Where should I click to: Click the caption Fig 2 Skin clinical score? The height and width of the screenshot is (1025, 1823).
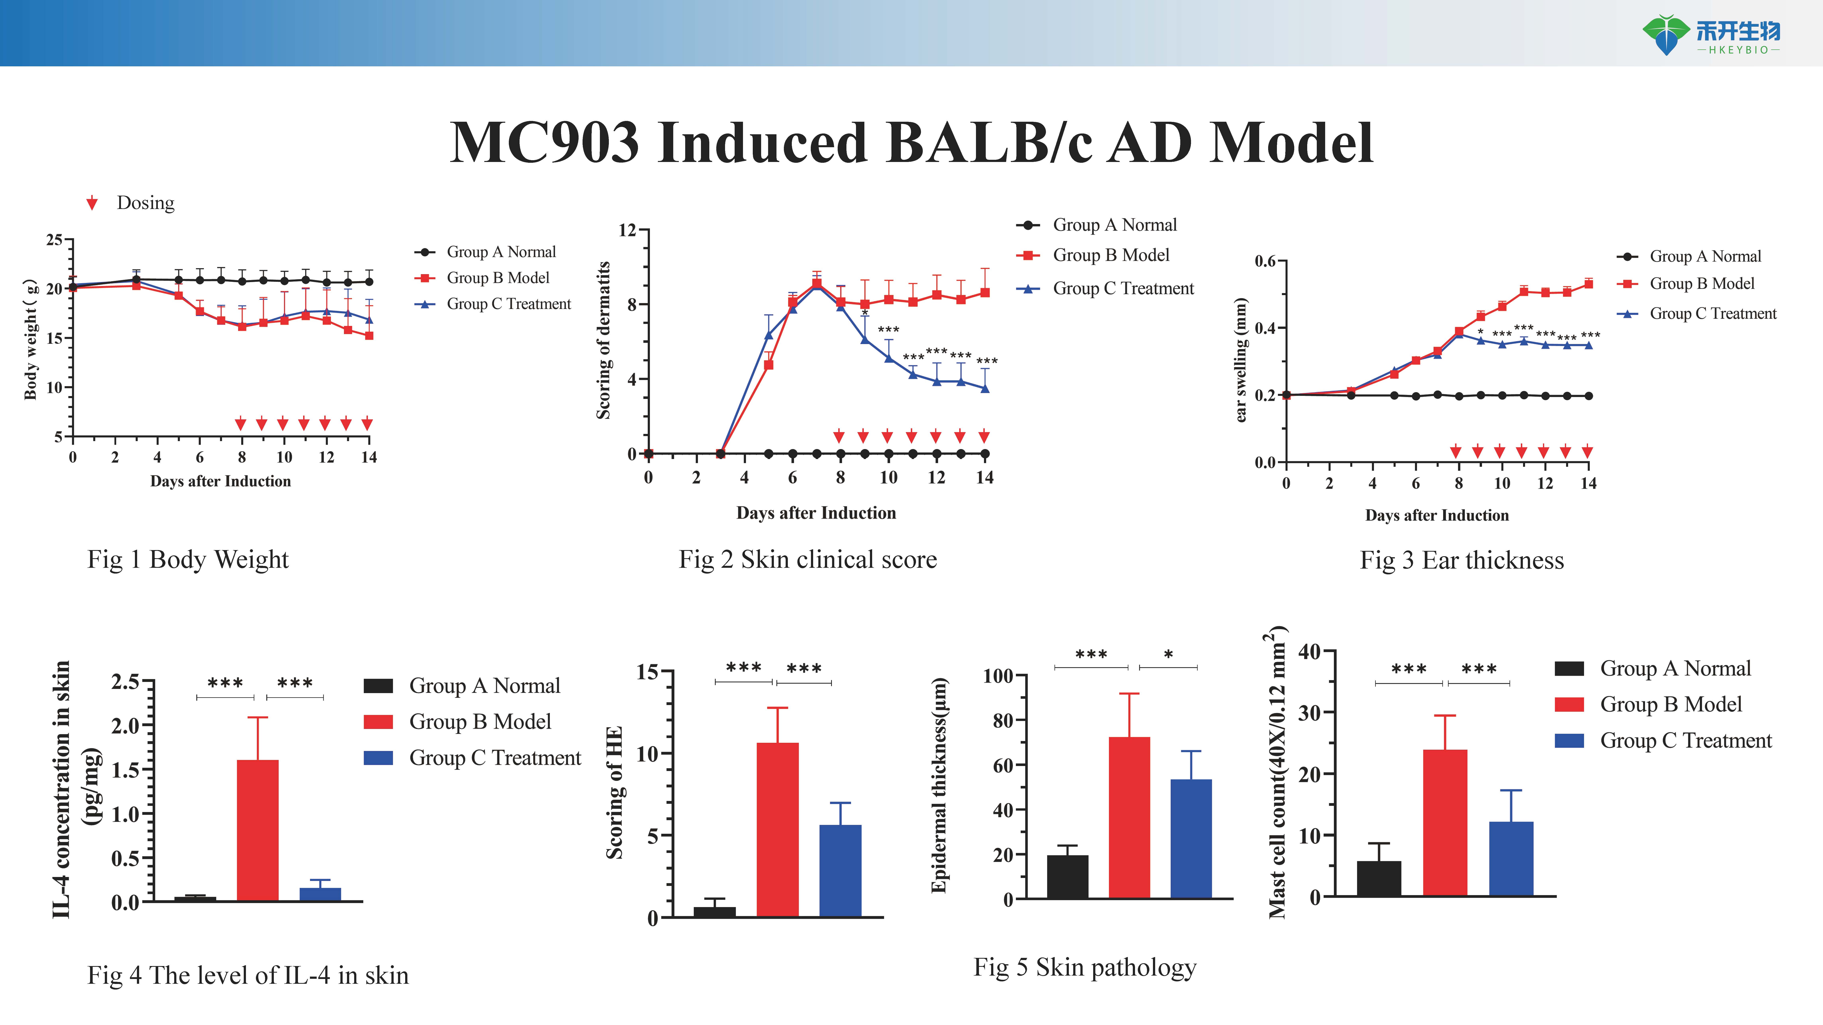tap(808, 560)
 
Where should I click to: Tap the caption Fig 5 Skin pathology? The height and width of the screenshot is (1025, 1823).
tap(1085, 967)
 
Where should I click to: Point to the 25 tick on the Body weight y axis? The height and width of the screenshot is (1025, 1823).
tap(54, 240)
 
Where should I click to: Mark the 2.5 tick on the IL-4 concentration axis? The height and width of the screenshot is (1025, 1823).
tap(125, 682)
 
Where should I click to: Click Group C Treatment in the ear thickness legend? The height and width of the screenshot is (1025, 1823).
tap(1713, 313)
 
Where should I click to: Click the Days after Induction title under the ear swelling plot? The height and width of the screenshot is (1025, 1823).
tap(1437, 516)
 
